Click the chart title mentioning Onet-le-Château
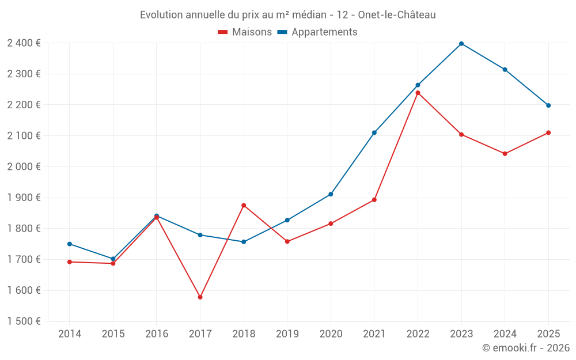(287, 14)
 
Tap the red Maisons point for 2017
(200, 297)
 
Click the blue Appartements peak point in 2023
(461, 44)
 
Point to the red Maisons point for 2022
(418, 93)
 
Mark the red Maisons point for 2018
(244, 205)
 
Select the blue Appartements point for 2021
(374, 132)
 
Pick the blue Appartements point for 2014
(70, 244)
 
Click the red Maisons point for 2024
(505, 154)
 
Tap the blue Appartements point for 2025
(548, 105)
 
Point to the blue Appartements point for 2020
(331, 194)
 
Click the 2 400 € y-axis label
(24, 43)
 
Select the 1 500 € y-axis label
(24, 321)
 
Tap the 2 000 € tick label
(24, 167)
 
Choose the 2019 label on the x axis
(287, 334)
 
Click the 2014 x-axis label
(70, 334)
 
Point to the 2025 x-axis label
(548, 334)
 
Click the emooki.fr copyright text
(525, 348)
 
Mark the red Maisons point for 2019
(287, 241)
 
